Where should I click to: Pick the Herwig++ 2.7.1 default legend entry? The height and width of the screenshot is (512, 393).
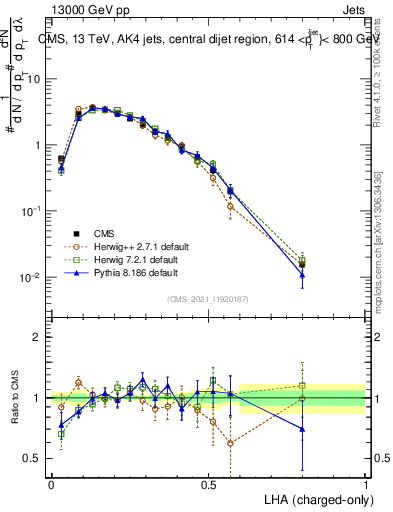tap(122, 246)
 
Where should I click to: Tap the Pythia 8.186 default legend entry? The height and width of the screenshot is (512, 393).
tap(121, 272)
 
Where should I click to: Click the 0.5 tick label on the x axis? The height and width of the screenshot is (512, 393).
tap(208, 483)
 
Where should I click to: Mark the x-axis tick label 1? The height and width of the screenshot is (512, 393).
tap(366, 483)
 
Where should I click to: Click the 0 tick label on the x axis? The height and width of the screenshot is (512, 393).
tap(51, 483)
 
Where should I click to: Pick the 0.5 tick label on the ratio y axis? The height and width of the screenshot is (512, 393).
tap(34, 459)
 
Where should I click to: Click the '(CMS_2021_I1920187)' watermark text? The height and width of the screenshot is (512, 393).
tap(208, 297)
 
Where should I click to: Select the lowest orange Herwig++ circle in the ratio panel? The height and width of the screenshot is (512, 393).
tap(231, 443)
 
